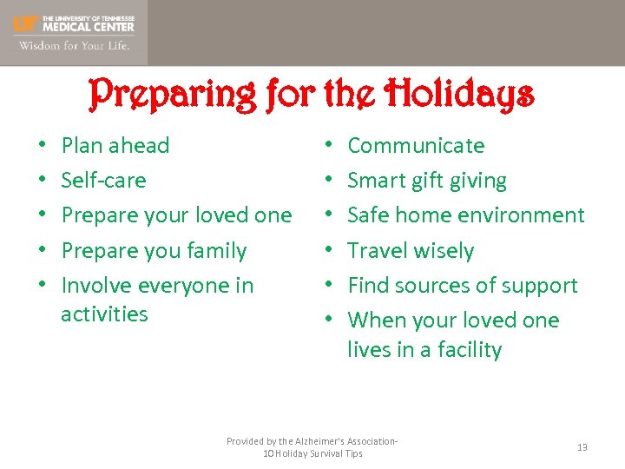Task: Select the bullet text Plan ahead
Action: click(x=115, y=145)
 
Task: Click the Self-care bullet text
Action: click(x=103, y=181)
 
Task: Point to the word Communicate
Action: click(x=416, y=145)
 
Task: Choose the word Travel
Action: click(x=378, y=251)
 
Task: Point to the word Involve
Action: click(x=95, y=286)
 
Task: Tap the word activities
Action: click(x=104, y=314)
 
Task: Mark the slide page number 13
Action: click(x=582, y=447)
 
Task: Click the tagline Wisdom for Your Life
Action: click(x=74, y=46)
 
